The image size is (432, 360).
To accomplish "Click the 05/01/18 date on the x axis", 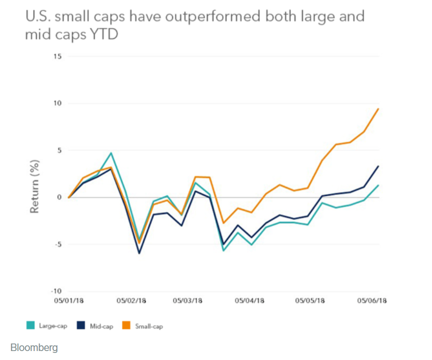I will tap(69, 301).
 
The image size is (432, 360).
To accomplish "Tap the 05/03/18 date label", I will tap(188, 301).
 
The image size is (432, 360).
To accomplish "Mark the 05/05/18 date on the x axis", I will tap(311, 301).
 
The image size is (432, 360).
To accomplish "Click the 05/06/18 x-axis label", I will tap(371, 301).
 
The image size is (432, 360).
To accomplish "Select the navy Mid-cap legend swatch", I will tap(81, 326).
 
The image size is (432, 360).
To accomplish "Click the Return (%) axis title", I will tap(34, 186).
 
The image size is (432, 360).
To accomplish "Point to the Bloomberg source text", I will tap(34, 348).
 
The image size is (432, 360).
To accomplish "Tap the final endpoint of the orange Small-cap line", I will tap(379, 109).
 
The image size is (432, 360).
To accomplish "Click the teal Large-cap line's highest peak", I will tap(111, 153).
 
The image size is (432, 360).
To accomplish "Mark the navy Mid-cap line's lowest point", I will tap(139, 253).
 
